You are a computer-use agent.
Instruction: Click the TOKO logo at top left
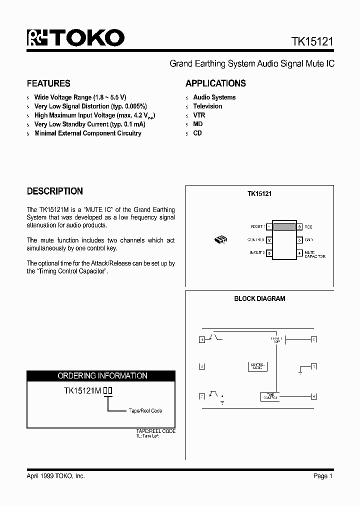coord(75,38)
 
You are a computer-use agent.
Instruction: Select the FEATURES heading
coord(48,83)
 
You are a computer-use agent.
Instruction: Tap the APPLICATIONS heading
coord(215,83)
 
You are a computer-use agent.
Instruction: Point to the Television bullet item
coord(207,106)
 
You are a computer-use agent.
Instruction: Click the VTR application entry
coord(199,115)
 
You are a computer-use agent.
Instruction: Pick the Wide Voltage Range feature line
coord(80,97)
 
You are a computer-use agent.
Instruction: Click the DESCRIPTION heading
coord(54,191)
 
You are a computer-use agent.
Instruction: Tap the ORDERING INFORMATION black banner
coord(101,375)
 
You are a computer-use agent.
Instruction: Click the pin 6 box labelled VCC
coord(299,226)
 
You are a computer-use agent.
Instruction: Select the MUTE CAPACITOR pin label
coord(314,255)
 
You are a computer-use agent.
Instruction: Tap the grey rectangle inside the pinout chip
coord(284,227)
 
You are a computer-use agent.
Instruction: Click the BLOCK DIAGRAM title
coord(259,298)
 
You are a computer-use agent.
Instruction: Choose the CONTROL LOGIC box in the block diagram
coord(257,366)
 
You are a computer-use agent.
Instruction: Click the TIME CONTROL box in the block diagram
coord(270,396)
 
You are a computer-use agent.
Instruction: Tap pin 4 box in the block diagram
coord(313,397)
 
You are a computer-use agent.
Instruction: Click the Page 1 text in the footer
coord(323,476)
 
